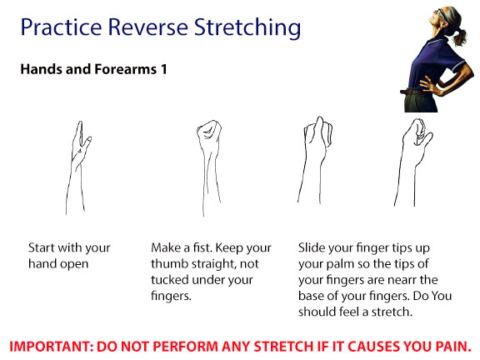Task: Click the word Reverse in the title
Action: pos(147,27)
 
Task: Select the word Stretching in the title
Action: pos(247,28)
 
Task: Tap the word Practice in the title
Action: pos(61,27)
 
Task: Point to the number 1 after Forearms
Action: pos(164,69)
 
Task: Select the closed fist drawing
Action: pos(210,167)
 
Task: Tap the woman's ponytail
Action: pos(459,35)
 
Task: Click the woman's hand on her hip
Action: pos(428,84)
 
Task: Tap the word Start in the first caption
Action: pos(41,247)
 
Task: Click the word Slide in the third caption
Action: pos(310,247)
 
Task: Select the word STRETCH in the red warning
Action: pos(285,347)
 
